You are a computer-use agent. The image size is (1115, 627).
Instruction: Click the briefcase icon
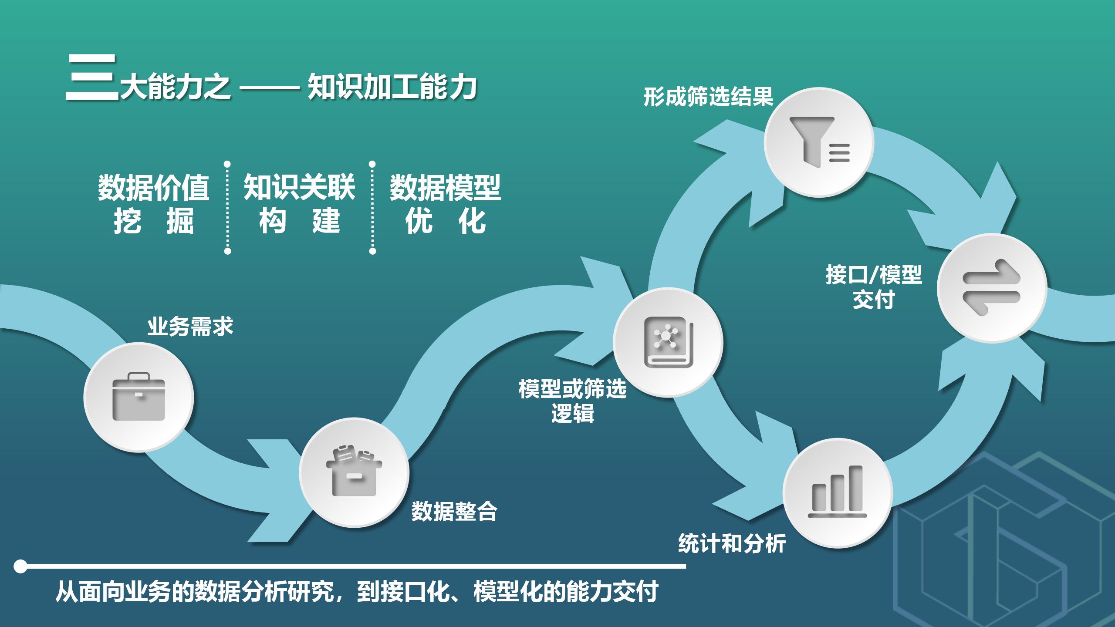coord(139,397)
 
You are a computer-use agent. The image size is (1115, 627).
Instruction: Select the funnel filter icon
coord(819,142)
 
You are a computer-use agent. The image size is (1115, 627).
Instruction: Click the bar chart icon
coord(837,492)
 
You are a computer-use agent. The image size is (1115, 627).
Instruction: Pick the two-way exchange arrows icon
coord(992,288)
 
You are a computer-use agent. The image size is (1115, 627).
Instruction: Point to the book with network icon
coord(668,342)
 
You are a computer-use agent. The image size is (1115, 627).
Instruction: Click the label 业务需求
coord(190,327)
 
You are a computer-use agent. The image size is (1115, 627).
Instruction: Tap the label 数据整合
coord(454,512)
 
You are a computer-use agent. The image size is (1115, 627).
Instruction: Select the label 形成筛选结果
coord(708,97)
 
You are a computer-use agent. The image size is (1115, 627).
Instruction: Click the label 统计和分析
coord(732,543)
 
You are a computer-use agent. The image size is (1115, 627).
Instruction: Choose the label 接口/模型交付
coord(874,287)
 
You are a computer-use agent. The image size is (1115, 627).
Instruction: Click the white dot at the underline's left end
coord(20,566)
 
